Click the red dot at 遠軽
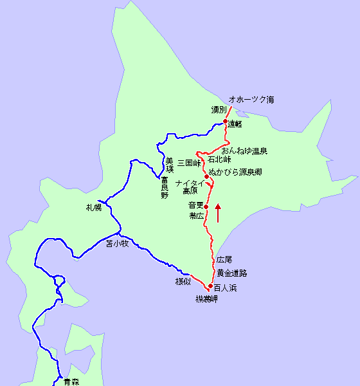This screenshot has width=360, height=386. pyautogui.click(x=226, y=122)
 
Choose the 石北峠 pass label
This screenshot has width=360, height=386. pyautogui.click(x=219, y=159)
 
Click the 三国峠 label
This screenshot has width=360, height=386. pyautogui.click(x=190, y=163)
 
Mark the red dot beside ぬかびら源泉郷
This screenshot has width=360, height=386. pyautogui.click(x=206, y=176)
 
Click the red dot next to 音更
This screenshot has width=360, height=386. pyautogui.click(x=206, y=206)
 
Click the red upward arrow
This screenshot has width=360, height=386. pyautogui.click(x=218, y=213)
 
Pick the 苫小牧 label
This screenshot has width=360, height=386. pyautogui.click(x=118, y=243)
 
